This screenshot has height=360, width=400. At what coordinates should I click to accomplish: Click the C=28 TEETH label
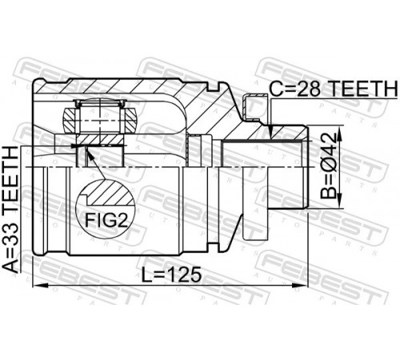(334, 89)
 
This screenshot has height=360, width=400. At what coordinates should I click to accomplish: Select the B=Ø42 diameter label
(329, 166)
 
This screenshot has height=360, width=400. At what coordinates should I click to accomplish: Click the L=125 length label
(171, 274)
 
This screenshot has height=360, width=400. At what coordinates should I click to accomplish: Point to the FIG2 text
(106, 220)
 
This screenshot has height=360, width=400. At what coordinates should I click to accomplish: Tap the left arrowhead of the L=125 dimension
(40, 286)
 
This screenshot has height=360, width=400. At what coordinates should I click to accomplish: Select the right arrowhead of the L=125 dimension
(300, 286)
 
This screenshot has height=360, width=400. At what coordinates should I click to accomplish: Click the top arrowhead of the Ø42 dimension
(339, 134)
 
